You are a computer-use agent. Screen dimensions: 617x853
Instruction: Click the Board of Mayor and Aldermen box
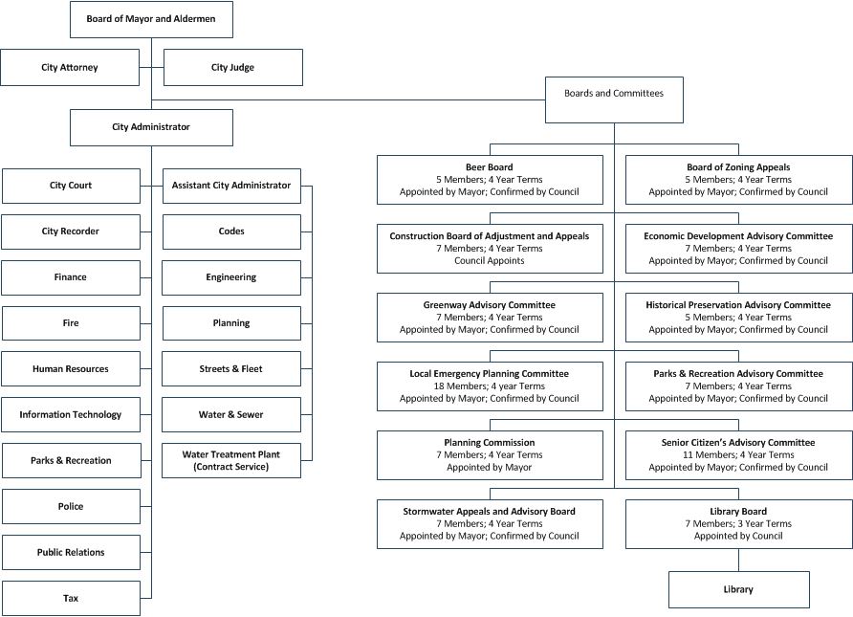coord(151,19)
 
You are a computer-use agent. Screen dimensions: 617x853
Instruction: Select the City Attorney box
coord(70,68)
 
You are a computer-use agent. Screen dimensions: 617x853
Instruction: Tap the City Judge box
coord(233,68)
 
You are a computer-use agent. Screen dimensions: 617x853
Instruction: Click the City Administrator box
coord(151,127)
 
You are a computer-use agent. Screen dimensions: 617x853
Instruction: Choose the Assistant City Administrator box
coord(231,186)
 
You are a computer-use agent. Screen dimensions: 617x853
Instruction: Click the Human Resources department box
coord(71,369)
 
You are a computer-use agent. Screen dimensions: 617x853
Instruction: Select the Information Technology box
coord(71,415)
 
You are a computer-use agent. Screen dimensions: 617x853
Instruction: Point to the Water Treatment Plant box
coord(231,460)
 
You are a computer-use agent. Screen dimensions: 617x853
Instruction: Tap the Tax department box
coord(71,599)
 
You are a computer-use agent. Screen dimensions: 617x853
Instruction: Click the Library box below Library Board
coord(738,590)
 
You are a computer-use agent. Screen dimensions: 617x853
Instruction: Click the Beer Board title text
coord(490,167)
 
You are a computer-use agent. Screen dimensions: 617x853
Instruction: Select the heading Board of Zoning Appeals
coord(738,167)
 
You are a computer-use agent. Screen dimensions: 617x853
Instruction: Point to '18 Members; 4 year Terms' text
coord(490,386)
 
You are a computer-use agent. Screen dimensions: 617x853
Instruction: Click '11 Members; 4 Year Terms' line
coord(738,455)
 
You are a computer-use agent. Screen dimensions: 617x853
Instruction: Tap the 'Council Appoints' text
coord(490,260)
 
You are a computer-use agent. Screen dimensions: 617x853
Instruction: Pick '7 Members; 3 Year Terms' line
coord(738,524)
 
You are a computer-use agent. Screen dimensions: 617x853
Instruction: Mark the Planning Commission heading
coord(490,443)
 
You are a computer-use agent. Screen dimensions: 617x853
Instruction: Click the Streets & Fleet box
coord(231,369)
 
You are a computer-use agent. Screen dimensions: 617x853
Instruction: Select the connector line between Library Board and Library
coord(738,560)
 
